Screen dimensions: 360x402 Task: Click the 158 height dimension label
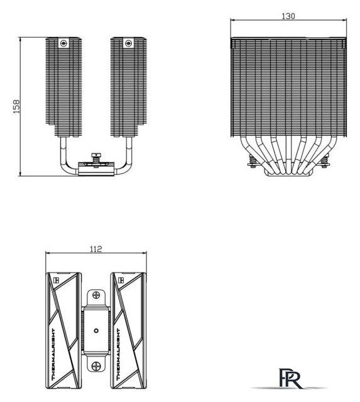click(x=16, y=106)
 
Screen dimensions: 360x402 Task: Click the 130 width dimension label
click(x=288, y=16)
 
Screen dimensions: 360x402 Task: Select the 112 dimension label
click(x=96, y=249)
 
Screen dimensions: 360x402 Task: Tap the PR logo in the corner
click(x=290, y=378)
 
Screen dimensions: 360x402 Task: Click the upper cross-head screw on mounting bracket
click(x=96, y=295)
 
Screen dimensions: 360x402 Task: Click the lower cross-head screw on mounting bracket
click(x=96, y=366)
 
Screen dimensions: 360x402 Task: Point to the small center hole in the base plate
click(x=96, y=331)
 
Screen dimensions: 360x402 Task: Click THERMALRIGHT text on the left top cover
click(x=53, y=354)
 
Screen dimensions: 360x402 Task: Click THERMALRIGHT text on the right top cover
click(x=118, y=354)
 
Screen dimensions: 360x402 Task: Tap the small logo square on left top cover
click(x=56, y=280)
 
